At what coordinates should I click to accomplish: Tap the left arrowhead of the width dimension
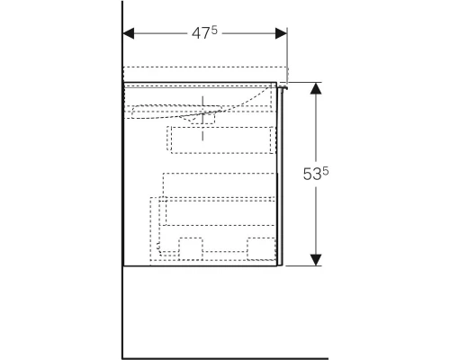coord(128,34)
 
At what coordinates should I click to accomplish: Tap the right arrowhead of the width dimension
coord(281,34)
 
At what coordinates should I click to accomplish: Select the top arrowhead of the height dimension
coord(316,89)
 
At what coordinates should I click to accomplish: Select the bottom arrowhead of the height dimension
coord(316,260)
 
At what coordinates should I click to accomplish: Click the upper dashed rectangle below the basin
coord(220,139)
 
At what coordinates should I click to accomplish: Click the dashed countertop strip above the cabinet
coord(205,74)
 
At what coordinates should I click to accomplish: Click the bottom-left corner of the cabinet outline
coord(123,266)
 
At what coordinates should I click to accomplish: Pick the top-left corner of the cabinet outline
coord(123,83)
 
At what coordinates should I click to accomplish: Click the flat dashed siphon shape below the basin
coord(175,112)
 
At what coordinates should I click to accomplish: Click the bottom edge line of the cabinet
coord(202,266)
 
